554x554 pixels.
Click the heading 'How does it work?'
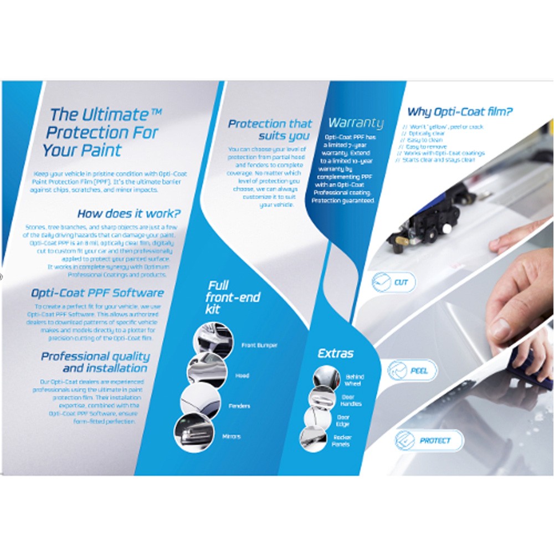coord(129,214)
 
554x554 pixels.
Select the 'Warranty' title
coord(356,122)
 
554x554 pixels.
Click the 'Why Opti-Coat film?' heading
coord(460,112)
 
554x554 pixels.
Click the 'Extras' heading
coord(335,353)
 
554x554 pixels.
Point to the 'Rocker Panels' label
coord(342,441)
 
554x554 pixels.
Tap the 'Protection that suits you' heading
coord(270,129)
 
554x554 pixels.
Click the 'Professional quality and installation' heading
coord(95,362)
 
